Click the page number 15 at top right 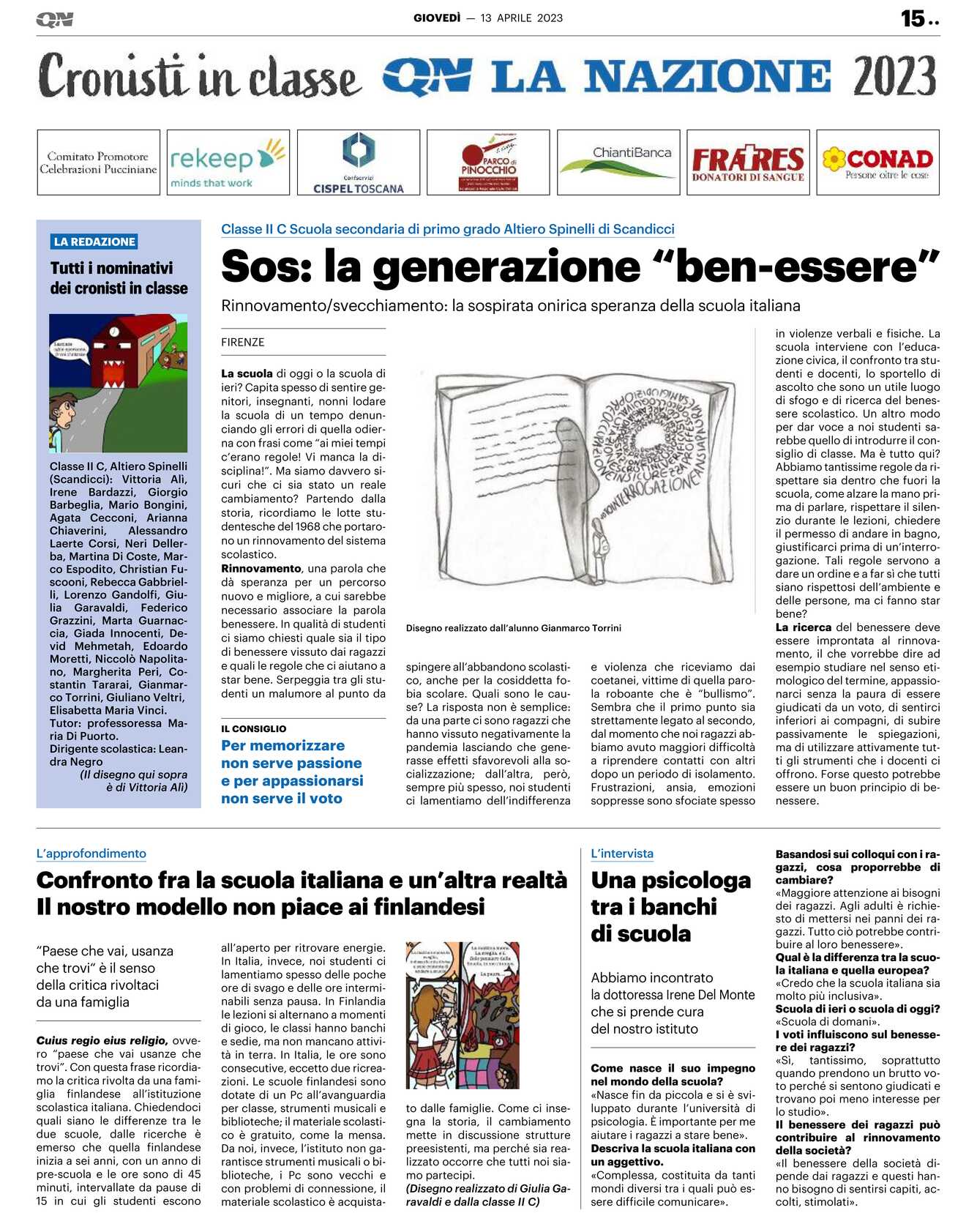[x=913, y=18]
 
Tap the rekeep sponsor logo [x=228, y=163]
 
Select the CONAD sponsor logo [x=877, y=163]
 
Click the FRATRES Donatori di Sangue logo [x=747, y=163]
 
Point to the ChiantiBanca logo [x=618, y=163]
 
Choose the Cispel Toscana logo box [x=359, y=163]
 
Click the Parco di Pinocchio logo [x=488, y=163]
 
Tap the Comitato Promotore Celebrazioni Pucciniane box [x=98, y=163]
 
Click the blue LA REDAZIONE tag [x=94, y=242]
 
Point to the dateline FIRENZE [x=243, y=342]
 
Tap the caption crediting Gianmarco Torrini [x=513, y=627]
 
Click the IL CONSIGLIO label [x=253, y=728]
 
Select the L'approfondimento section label [x=91, y=853]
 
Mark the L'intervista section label [x=622, y=853]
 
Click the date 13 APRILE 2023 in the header [x=522, y=18]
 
